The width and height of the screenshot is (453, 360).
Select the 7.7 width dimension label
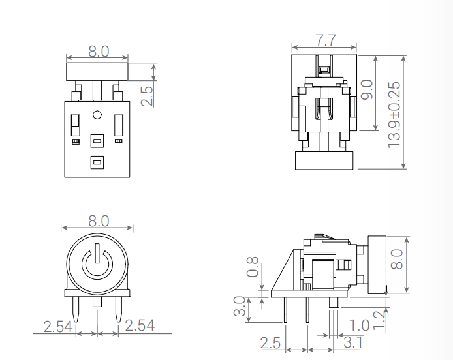(x=325, y=40)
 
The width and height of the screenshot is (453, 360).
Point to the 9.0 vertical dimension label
(x=366, y=89)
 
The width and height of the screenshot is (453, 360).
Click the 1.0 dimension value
(x=359, y=325)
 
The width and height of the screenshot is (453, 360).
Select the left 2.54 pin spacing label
(x=57, y=326)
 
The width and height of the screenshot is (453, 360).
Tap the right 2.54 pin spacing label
(x=139, y=325)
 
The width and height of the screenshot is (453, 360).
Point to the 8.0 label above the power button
(x=98, y=221)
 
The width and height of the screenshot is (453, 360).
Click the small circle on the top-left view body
(x=97, y=115)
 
